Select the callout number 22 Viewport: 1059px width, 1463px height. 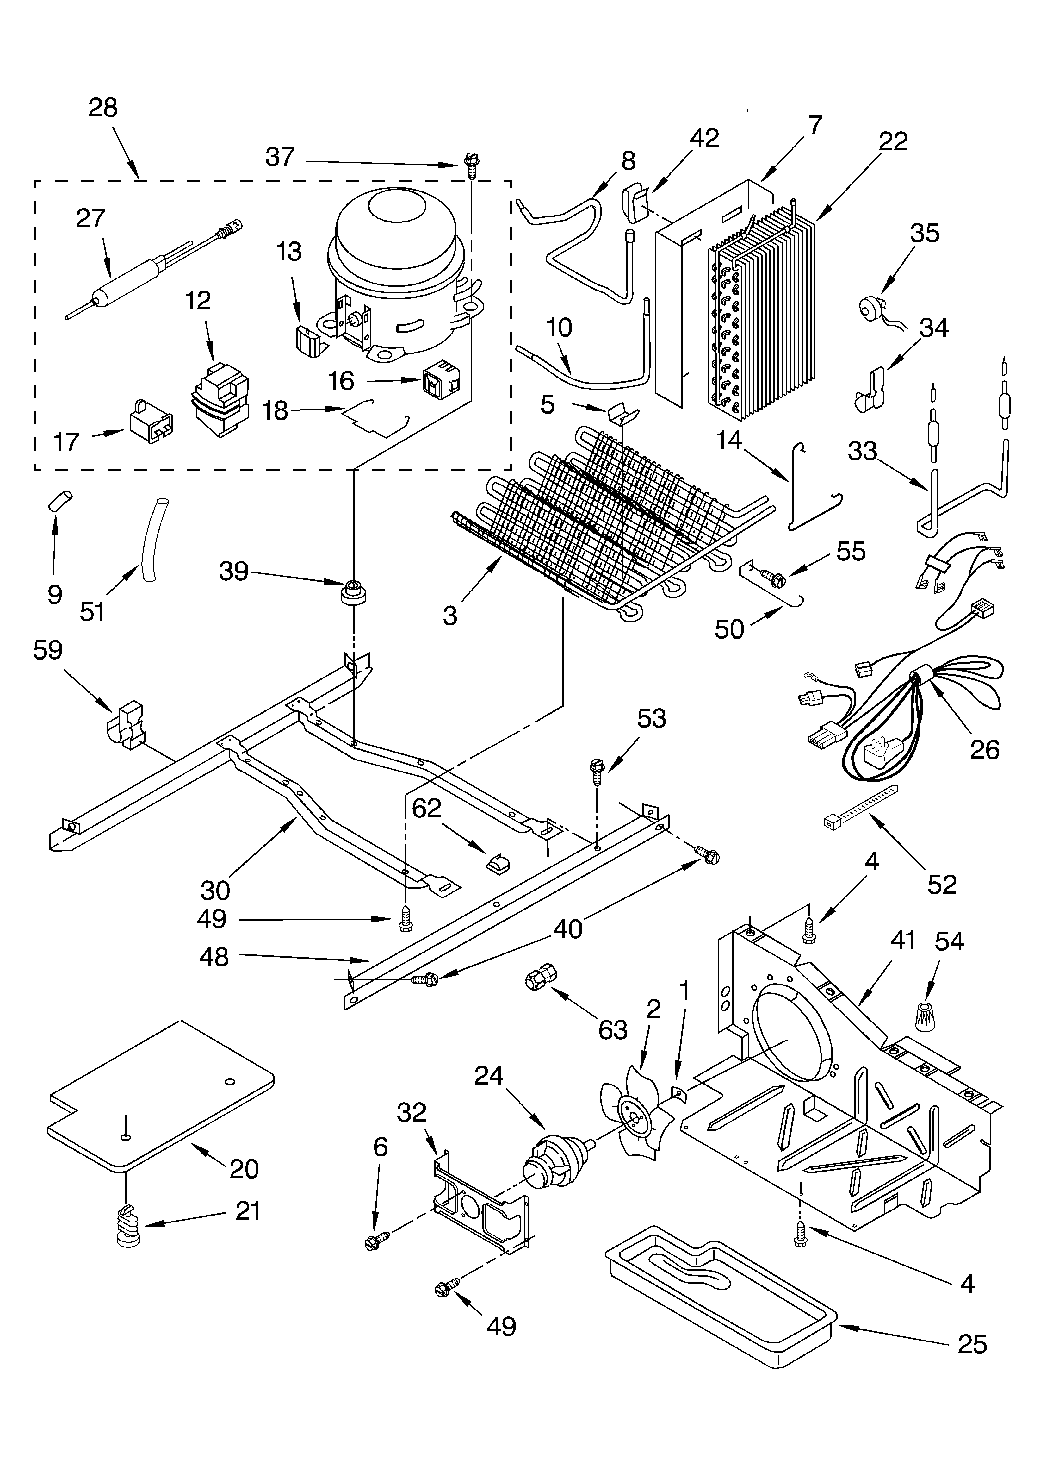tap(893, 141)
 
